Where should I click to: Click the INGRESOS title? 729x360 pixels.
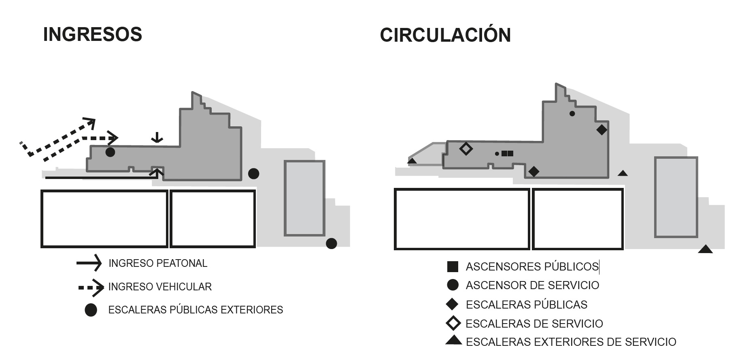[x=93, y=34]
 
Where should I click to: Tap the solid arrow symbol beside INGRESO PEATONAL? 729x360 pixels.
[x=89, y=263]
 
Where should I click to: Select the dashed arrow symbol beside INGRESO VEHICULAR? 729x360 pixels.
[x=91, y=288]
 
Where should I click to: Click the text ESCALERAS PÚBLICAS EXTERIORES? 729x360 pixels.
[x=196, y=310]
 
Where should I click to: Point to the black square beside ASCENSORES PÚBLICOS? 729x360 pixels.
[x=453, y=266]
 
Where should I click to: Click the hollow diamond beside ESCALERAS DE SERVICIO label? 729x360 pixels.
[x=453, y=323]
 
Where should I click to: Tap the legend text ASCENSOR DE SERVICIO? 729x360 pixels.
[x=532, y=285]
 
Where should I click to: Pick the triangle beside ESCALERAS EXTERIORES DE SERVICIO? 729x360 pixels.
[x=453, y=341]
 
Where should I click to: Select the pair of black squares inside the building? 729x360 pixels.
[x=507, y=153]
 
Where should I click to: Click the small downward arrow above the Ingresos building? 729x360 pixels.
[x=157, y=138]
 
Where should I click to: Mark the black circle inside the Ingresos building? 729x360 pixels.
[x=110, y=152]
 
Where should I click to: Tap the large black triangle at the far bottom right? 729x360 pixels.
[x=705, y=249]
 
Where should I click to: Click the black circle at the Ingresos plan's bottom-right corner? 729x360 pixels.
[x=331, y=243]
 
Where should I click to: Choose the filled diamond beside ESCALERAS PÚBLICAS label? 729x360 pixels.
[x=452, y=304]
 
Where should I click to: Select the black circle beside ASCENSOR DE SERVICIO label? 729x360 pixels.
[x=453, y=285]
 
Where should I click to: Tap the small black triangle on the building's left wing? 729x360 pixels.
[x=412, y=161]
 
